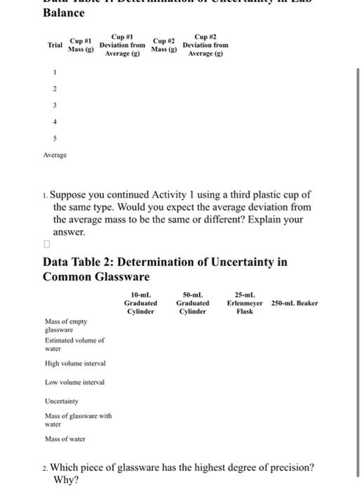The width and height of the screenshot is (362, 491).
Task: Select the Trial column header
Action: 55,44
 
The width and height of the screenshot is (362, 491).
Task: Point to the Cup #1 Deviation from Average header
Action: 123,44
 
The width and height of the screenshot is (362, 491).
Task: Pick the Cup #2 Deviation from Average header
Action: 205,44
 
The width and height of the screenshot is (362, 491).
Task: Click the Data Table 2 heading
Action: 165,269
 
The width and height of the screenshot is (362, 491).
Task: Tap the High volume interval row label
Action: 75,363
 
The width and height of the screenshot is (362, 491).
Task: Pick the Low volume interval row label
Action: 74,382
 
